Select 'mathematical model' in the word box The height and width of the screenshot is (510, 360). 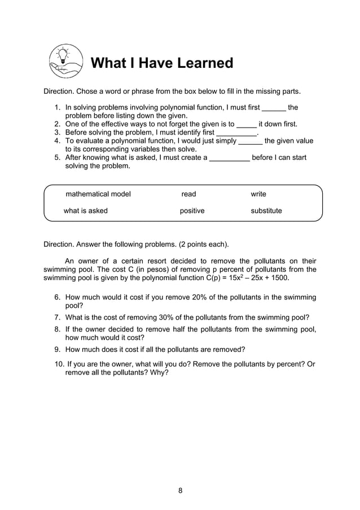[x=98, y=194]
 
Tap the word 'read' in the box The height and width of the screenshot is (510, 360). [x=188, y=194]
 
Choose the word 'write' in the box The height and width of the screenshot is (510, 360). [x=258, y=194]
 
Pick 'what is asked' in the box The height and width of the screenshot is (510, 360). [x=85, y=211]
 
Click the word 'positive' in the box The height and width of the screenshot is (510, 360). [x=192, y=211]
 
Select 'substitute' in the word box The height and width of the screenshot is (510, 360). [x=266, y=211]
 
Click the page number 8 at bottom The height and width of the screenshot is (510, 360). [x=180, y=490]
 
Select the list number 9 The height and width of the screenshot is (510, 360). [x=57, y=350]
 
